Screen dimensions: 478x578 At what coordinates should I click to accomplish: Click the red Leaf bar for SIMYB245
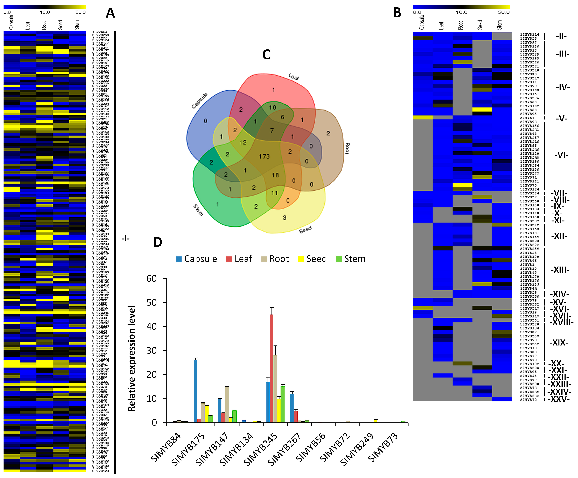point(271,368)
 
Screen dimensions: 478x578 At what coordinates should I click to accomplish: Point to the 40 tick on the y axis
point(152,327)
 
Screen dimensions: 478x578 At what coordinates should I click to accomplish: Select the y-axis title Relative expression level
point(132,358)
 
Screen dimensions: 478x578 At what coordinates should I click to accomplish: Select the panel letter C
point(266,54)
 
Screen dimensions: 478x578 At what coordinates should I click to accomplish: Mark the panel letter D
point(157,242)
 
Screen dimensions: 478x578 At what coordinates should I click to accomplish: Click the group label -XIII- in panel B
point(560,270)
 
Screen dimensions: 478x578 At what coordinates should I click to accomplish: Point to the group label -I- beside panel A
point(125,238)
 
